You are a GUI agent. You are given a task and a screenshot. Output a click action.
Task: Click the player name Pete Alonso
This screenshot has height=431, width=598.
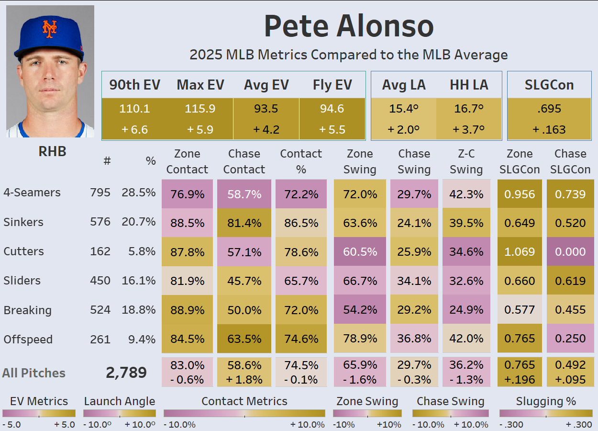coord(349,26)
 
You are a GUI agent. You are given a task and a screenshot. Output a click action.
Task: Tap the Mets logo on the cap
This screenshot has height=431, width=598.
coord(49,29)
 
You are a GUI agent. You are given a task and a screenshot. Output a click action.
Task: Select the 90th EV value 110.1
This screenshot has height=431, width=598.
coord(134,109)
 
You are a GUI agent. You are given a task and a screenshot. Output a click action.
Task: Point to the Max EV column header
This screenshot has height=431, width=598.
coord(200,85)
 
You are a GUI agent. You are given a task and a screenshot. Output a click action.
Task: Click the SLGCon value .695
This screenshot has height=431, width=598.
coord(549,109)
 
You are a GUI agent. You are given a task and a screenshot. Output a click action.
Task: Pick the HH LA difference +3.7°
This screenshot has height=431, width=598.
coord(469,129)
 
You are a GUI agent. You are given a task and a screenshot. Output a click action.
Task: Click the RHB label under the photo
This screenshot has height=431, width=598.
coord(52,151)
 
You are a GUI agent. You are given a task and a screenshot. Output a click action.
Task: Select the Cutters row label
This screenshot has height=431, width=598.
coord(23,251)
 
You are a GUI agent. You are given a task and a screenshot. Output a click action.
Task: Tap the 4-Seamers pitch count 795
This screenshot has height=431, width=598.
coord(100,193)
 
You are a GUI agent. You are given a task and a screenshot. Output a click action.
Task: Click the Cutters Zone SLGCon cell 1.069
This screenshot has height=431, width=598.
coord(520,251)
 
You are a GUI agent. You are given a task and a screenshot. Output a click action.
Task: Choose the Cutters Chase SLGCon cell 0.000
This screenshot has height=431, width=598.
coord(571,251)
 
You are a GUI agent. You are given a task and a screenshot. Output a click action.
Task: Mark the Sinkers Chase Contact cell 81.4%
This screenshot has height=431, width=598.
coord(244,223)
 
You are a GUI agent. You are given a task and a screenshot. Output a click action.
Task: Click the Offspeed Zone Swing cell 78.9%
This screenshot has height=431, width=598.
coord(360,339)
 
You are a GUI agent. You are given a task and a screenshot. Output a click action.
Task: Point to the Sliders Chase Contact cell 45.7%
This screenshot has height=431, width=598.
coord(244,281)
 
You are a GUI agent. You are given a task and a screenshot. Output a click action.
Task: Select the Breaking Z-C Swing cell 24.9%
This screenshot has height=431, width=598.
coord(466,310)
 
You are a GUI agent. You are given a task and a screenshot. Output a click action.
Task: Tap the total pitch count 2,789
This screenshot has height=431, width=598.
coord(126,373)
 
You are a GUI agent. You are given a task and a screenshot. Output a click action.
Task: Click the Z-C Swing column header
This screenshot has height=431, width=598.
coord(466,162)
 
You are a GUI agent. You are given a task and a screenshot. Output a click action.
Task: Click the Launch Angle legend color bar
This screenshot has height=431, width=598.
coord(119,413)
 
